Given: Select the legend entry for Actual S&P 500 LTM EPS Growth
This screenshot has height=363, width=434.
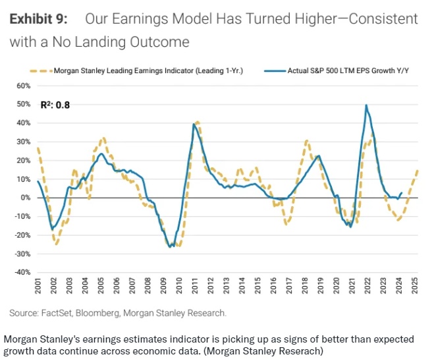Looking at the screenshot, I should (x=343, y=69).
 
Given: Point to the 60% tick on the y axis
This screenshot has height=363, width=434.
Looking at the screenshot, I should (x=24, y=86).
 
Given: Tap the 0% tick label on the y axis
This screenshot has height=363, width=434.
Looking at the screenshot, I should (x=26, y=198).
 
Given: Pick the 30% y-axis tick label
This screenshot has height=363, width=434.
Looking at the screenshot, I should (x=24, y=142).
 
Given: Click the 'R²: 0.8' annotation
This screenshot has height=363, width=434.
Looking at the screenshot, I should (x=55, y=103).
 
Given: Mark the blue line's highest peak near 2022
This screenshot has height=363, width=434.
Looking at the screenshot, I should (x=366, y=105).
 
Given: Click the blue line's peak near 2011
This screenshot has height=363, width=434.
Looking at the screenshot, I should (x=194, y=124).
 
